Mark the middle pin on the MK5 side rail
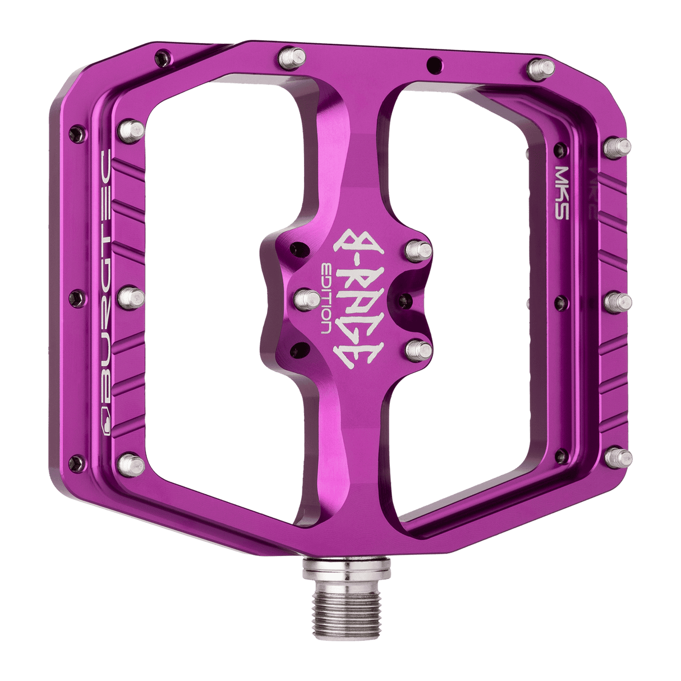pos(618,301)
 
